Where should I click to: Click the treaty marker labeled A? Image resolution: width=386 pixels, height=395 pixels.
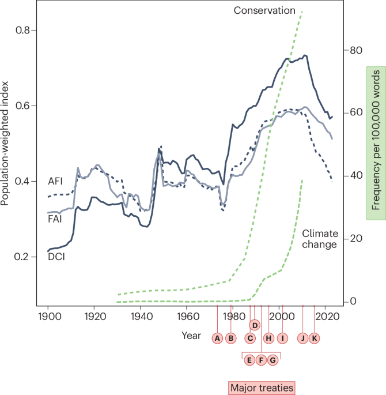[x=217, y=338]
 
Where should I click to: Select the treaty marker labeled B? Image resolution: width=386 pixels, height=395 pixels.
[x=230, y=338]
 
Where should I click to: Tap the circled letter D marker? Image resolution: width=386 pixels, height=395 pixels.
[x=255, y=324]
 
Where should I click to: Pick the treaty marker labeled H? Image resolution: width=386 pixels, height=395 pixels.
[x=268, y=338]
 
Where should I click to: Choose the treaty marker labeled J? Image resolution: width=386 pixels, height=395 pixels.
[x=302, y=338]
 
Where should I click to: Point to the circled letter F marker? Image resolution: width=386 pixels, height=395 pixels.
[x=261, y=360]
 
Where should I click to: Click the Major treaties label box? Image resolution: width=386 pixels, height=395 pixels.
[x=261, y=388]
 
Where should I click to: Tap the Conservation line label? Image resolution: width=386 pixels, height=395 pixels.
[x=264, y=10]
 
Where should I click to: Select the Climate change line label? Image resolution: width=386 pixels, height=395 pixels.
[x=319, y=223]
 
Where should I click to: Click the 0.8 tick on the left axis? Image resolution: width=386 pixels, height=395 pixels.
[x=26, y=30]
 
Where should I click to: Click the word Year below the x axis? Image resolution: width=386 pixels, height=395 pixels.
[x=191, y=335]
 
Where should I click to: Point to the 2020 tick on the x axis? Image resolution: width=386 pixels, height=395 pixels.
[x=327, y=317]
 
